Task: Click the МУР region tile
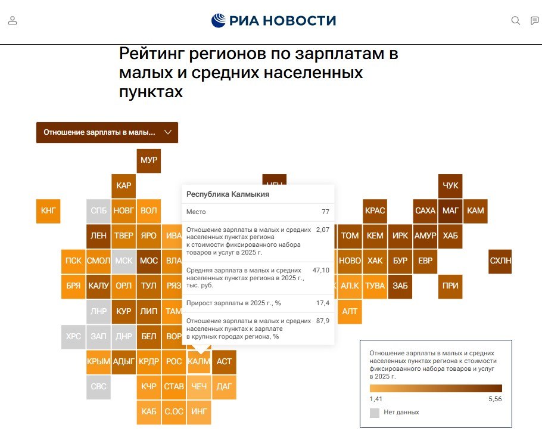(x=148, y=160)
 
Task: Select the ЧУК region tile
(x=450, y=185)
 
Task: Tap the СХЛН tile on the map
(x=500, y=261)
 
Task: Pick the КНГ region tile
(x=48, y=210)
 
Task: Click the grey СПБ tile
(x=98, y=210)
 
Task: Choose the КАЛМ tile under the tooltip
(x=199, y=361)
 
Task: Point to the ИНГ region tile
(x=199, y=411)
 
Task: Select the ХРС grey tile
(x=73, y=336)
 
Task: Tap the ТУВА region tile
(x=375, y=286)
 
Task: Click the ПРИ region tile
(x=450, y=286)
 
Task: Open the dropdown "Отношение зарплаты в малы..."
(x=107, y=132)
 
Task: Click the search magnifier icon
(x=516, y=21)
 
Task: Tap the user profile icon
(x=13, y=21)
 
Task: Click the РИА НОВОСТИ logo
(x=273, y=21)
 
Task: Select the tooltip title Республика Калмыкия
(x=228, y=194)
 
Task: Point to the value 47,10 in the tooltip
(x=321, y=270)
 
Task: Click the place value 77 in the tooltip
(x=325, y=212)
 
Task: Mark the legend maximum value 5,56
(x=494, y=399)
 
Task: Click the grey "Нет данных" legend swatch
(x=375, y=413)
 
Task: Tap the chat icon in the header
(x=534, y=21)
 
